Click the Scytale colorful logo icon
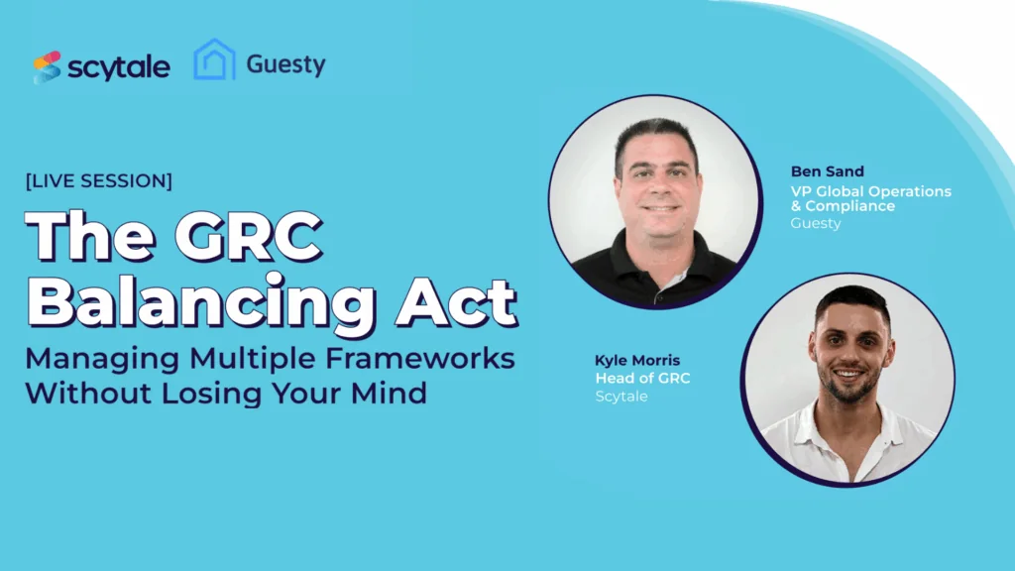coord(47,66)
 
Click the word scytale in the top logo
coord(119,67)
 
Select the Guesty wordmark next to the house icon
coord(285,65)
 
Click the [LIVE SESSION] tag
coord(99,181)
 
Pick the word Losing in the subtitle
coord(240,393)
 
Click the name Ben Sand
coord(827,171)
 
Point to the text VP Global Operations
coord(870,190)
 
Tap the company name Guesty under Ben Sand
coord(815,223)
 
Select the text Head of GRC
coord(642,378)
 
